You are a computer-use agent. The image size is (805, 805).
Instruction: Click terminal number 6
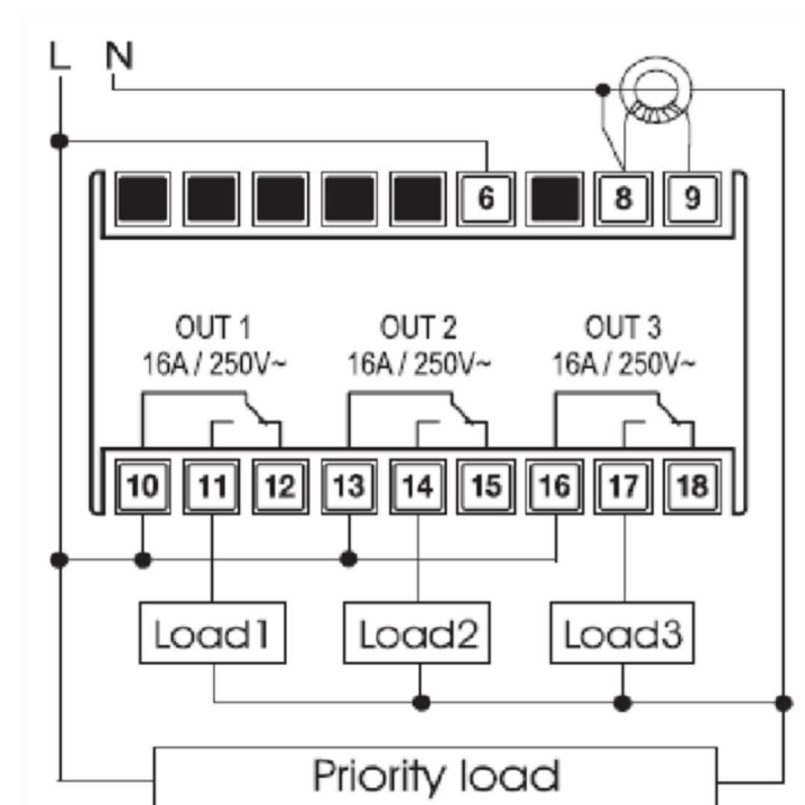486,199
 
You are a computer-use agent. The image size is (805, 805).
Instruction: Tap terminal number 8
623,199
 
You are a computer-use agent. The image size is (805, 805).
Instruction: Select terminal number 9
692,199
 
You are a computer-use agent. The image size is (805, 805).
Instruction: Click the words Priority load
435,776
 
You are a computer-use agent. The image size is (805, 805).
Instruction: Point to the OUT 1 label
212,328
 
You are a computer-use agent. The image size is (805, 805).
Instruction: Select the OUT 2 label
418,328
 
